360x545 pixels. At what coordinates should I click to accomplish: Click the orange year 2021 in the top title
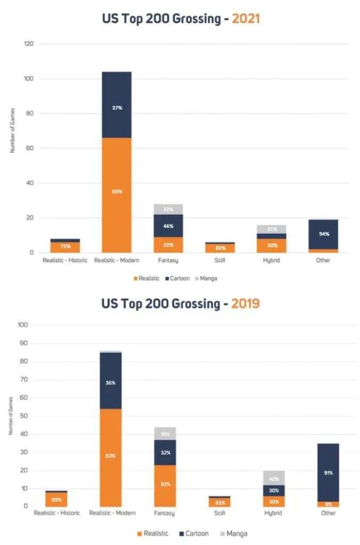pos(242,19)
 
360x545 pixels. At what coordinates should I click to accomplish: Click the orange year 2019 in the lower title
pos(242,303)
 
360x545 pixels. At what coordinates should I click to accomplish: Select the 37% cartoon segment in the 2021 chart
pos(117,108)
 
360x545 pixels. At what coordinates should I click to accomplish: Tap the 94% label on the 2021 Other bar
pos(323,234)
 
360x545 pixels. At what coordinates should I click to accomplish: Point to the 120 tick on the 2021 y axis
pos(29,44)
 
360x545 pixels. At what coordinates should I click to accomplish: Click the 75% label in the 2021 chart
pos(66,246)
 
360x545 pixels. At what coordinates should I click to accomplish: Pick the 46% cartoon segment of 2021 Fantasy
pos(168,226)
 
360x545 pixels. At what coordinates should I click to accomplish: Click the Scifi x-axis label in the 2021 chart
pos(220,260)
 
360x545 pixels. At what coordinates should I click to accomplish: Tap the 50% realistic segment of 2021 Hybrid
pos(272,245)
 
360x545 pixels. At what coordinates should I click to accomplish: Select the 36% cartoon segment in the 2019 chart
pos(111,383)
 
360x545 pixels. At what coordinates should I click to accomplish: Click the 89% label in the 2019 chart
pos(57,500)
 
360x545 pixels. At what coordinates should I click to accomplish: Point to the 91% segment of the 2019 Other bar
pos(328,472)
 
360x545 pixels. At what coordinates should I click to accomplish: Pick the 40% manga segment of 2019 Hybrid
pos(274,479)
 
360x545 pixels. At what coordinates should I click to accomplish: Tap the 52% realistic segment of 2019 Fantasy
pos(165,483)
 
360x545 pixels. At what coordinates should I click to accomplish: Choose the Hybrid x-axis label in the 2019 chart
pos(274,513)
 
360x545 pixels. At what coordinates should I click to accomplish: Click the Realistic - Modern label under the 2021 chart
pos(117,260)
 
